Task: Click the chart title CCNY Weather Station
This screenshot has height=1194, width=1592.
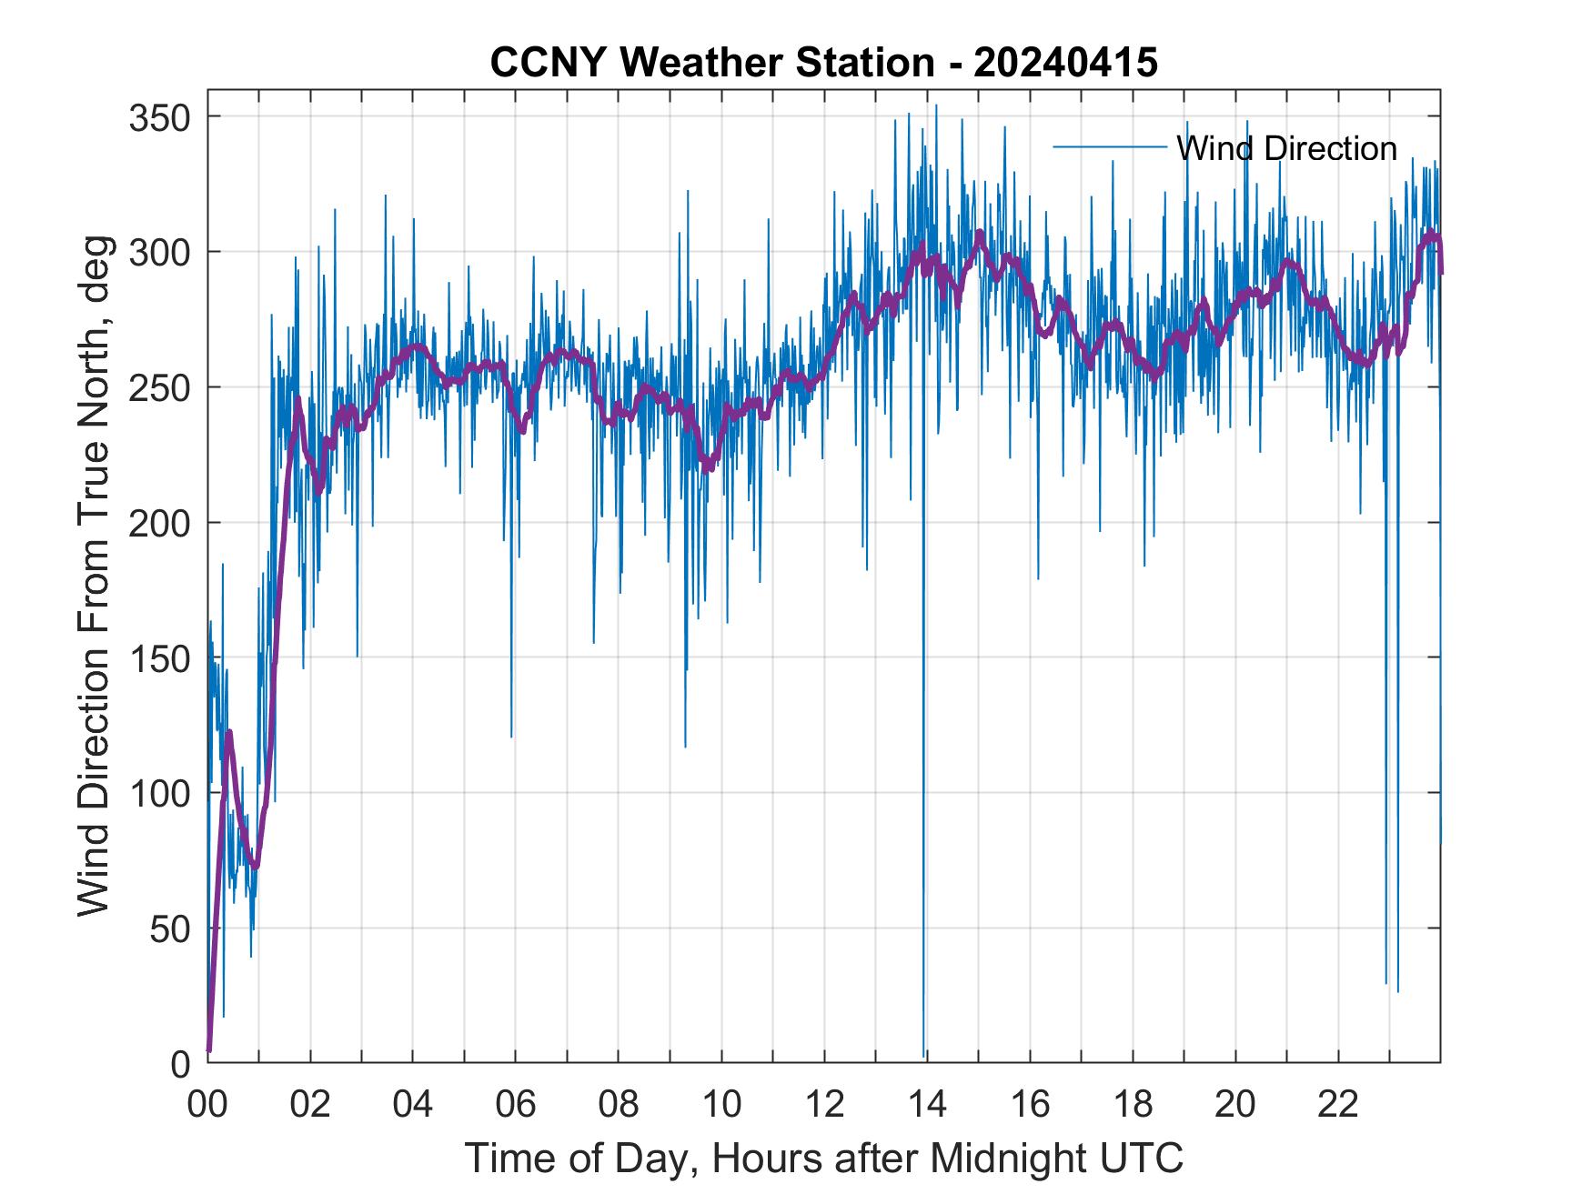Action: point(712,62)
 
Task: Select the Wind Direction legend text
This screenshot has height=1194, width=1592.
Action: point(1286,148)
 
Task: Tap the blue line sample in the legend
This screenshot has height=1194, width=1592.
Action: point(1110,146)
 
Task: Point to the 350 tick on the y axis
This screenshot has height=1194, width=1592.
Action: point(162,117)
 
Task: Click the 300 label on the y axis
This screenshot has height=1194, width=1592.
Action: point(162,252)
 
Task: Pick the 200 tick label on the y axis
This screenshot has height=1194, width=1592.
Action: point(162,523)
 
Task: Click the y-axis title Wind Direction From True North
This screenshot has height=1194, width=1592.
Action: point(94,575)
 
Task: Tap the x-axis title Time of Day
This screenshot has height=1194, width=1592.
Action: point(824,1158)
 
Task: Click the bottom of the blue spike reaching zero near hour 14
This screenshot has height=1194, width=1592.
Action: point(924,1055)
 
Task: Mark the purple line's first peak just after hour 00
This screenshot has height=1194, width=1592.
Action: point(229,732)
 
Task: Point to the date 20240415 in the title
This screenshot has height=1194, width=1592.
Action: point(1065,62)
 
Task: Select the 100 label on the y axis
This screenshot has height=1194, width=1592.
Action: point(162,793)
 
